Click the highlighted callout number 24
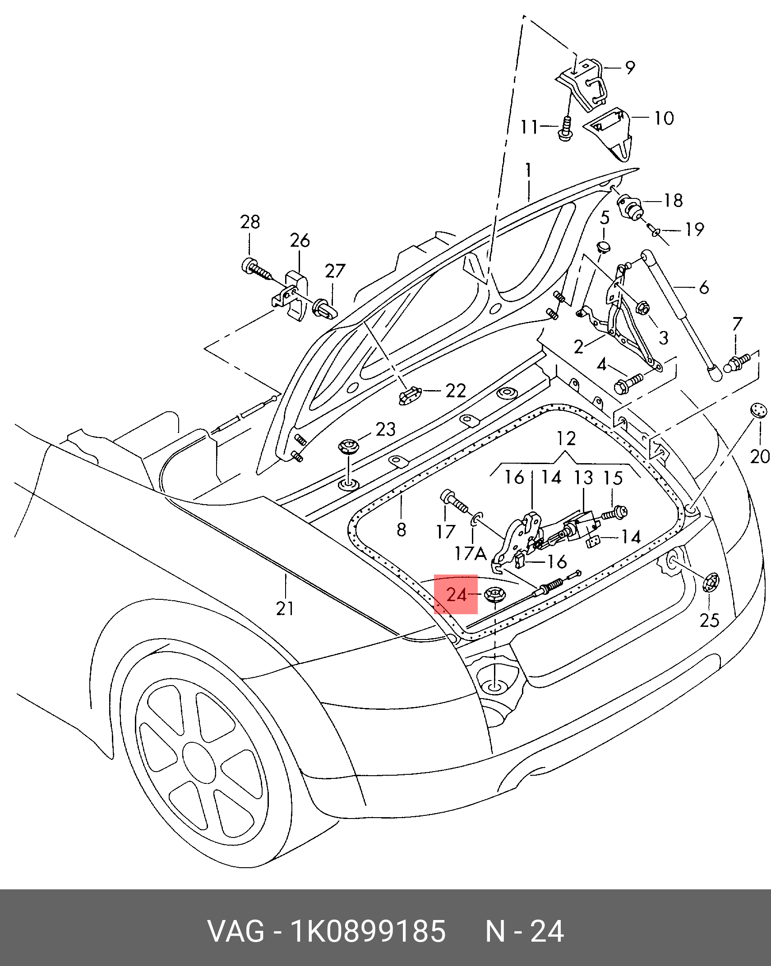[x=456, y=595]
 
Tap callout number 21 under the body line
[x=285, y=608]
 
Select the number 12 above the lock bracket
[x=566, y=438]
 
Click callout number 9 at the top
[x=630, y=67]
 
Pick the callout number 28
[x=250, y=222]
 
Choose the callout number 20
[x=760, y=456]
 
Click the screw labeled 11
[x=567, y=128]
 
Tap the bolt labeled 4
[x=628, y=384]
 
